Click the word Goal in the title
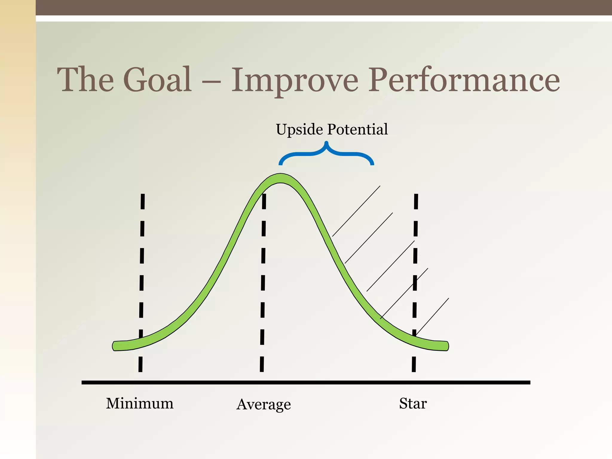[157, 79]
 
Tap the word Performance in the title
[464, 79]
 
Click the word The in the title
[85, 79]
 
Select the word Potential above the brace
[357, 129]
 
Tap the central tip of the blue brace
[326, 143]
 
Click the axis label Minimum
[140, 403]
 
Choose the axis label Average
[263, 405]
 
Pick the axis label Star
[413, 403]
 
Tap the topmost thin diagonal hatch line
[356, 211]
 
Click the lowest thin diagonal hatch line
[432, 316]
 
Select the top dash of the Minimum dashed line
[143, 201]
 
